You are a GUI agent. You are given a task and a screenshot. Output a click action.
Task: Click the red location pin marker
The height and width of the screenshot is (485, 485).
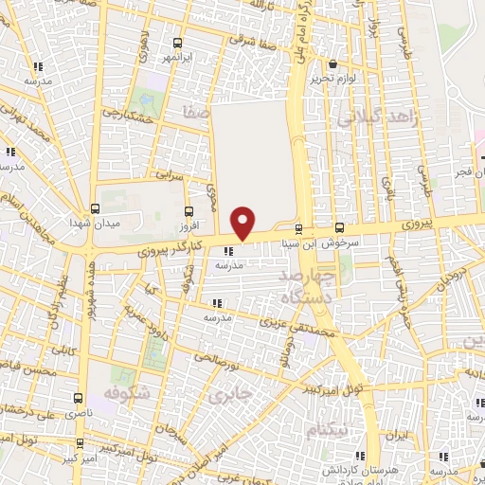(243, 222)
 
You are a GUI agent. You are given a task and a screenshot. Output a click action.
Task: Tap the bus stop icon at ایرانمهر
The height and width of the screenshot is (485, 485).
(177, 43)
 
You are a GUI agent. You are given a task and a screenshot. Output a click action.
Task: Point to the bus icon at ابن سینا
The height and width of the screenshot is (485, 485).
(299, 229)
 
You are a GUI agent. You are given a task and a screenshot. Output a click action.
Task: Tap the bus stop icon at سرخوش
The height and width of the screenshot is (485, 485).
(340, 228)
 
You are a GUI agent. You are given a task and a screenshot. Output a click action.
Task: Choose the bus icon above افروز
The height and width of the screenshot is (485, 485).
(189, 211)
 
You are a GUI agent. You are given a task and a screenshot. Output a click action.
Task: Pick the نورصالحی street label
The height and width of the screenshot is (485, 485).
(217, 357)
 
